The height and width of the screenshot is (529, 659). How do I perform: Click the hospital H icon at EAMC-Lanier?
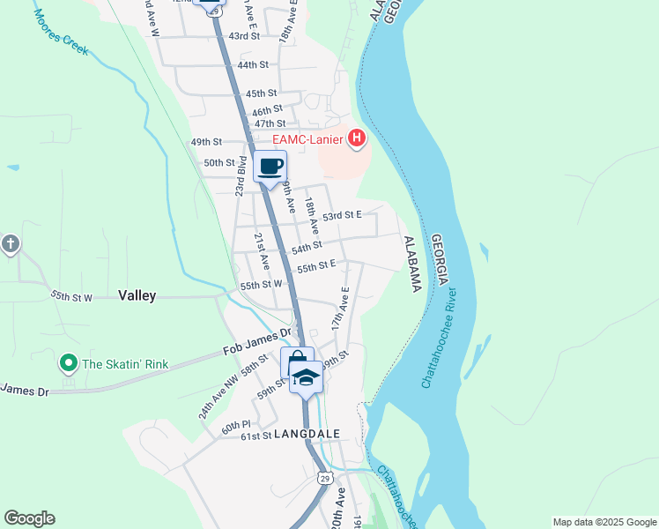coord(357,138)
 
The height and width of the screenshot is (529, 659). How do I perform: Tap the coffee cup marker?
coord(270,166)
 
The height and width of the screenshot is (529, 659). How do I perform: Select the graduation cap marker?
coord(306,376)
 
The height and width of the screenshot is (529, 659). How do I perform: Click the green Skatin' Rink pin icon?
coord(68,363)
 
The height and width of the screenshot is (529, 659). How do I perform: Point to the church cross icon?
coord(10,243)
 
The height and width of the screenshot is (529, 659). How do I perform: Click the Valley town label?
coord(137,296)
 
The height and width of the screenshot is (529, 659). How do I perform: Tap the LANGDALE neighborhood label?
coord(307,435)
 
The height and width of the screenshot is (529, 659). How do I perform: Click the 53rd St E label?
coord(342,215)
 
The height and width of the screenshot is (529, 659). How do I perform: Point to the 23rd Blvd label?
coord(240,177)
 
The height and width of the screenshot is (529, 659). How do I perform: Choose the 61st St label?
coord(255,436)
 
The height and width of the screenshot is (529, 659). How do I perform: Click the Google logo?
coord(29,518)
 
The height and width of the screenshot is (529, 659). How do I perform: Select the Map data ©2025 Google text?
coord(603,522)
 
